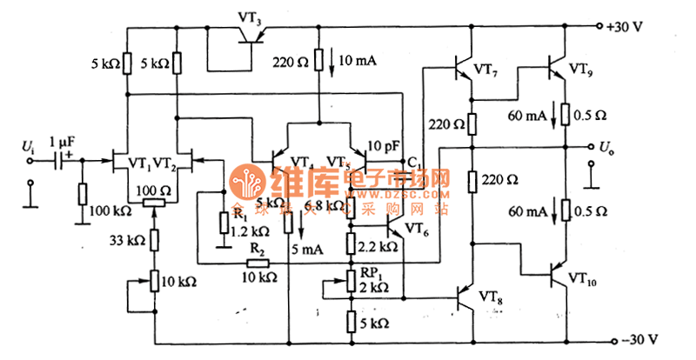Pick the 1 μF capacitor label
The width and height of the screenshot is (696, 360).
coord(64,142)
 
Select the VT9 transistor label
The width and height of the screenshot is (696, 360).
coord(585,67)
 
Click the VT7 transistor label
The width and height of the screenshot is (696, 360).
coord(492,70)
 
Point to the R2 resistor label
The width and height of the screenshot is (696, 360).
coord(258,249)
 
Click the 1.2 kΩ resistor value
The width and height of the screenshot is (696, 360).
coord(251,232)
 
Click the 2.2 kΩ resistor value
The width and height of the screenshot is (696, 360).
coord(378,247)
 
